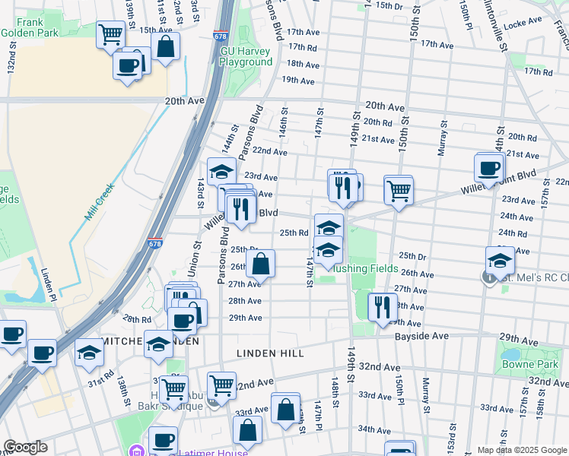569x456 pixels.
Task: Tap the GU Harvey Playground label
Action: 246,56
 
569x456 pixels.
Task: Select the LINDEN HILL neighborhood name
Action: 270,353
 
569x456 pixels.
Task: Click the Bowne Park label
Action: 529,364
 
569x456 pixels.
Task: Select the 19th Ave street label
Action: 297,80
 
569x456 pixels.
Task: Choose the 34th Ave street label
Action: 374,429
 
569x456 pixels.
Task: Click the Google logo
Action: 25,448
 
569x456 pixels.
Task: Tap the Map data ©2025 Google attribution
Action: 521,450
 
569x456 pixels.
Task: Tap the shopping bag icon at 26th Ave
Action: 260,264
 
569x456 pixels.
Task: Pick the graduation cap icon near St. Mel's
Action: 500,261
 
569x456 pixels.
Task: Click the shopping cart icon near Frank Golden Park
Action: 110,35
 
